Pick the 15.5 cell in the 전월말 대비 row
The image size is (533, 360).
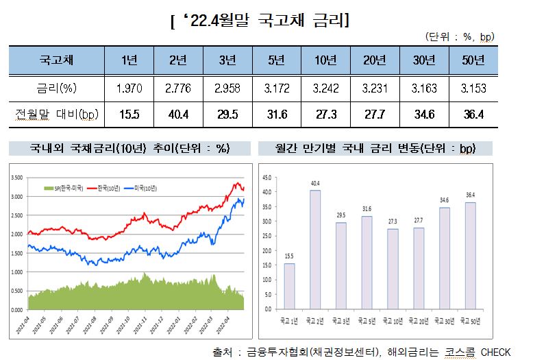128,114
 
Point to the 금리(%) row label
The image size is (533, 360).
56,88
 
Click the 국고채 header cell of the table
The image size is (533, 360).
56,60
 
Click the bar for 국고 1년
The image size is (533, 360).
290,286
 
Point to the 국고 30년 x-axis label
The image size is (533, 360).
445,321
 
